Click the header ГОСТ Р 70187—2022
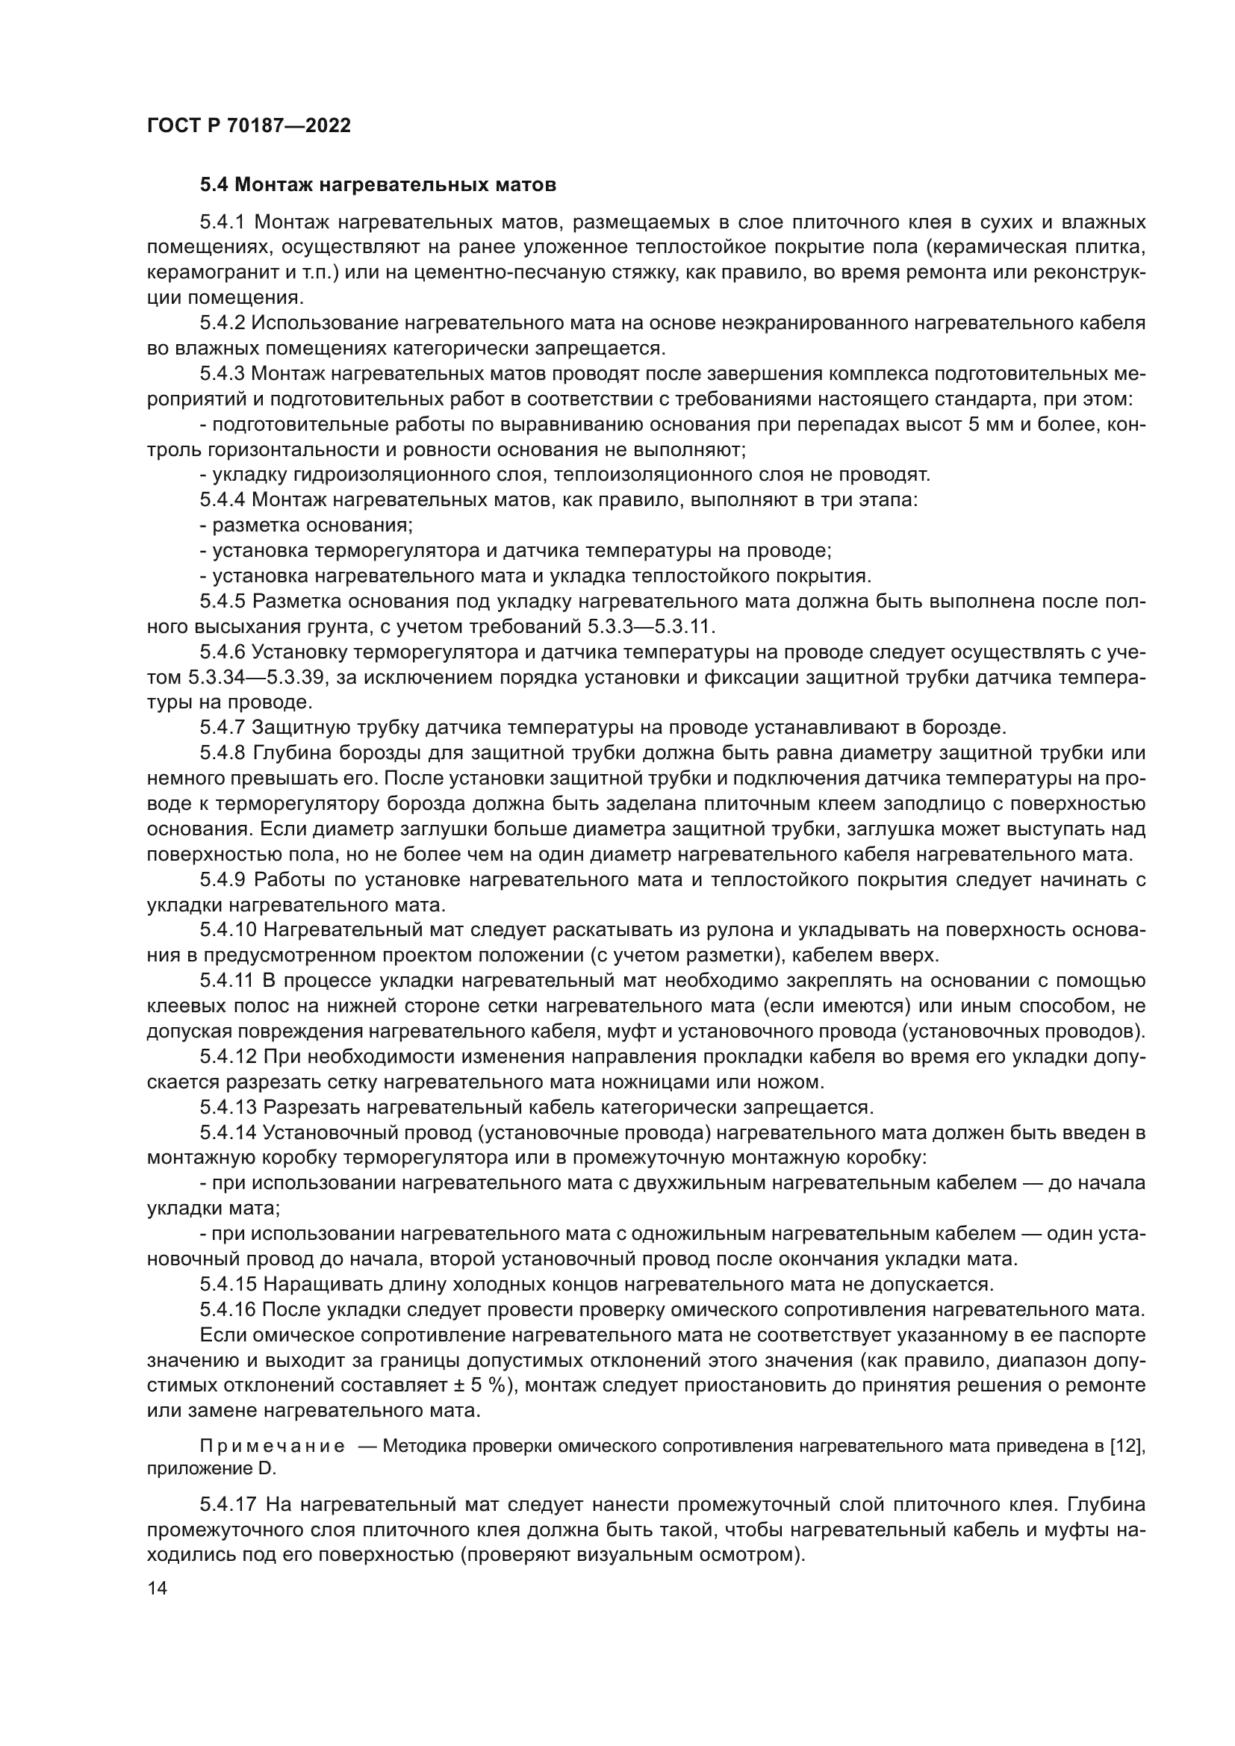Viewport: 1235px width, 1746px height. (249, 126)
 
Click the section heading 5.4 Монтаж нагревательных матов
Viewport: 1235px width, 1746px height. (378, 185)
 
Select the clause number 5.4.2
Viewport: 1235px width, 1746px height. (222, 323)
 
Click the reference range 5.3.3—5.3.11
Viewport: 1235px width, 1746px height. (652, 626)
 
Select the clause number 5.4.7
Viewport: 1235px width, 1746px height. (222, 728)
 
